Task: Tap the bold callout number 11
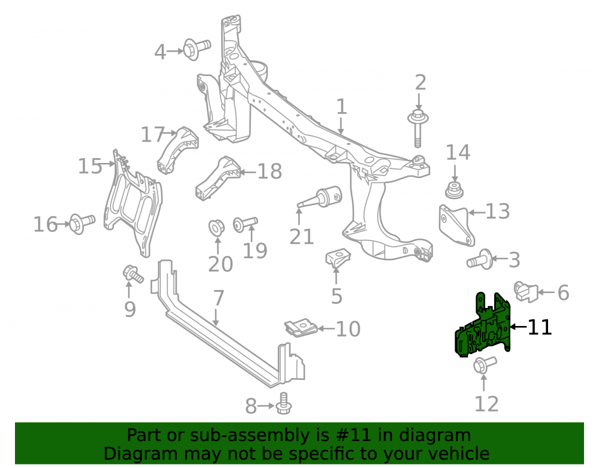[x=540, y=327]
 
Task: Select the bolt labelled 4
[x=196, y=49]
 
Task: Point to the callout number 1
[x=341, y=107]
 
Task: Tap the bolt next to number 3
[x=480, y=260]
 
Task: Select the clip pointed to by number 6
[x=526, y=291]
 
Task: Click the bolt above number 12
[x=485, y=364]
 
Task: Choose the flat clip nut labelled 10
[x=301, y=328]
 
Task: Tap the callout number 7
[x=218, y=298]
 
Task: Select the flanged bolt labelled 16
[x=82, y=224]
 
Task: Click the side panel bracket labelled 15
[x=132, y=203]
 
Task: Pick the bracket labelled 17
[x=177, y=150]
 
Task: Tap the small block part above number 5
[x=338, y=257]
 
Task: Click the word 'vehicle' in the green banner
[x=459, y=454]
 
